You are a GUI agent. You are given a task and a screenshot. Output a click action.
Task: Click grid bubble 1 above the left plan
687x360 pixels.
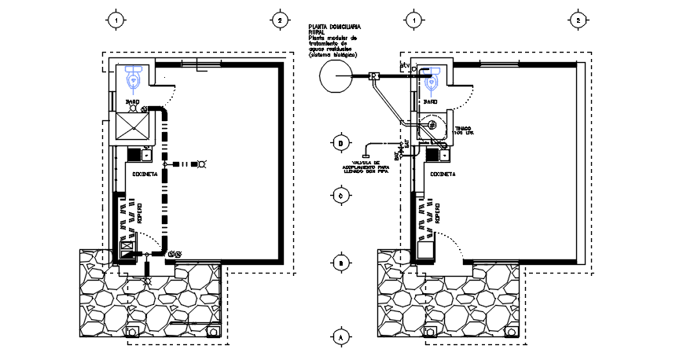[116, 20]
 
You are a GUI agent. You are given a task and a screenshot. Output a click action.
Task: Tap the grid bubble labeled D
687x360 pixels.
[340, 143]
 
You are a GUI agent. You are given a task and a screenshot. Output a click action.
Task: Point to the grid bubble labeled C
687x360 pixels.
[340, 195]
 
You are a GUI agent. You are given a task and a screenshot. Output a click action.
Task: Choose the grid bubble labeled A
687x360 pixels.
[340, 337]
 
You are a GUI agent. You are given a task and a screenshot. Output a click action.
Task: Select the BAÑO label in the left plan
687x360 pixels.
[133, 101]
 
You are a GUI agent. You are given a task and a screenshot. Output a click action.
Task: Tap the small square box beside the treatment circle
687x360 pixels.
[375, 76]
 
